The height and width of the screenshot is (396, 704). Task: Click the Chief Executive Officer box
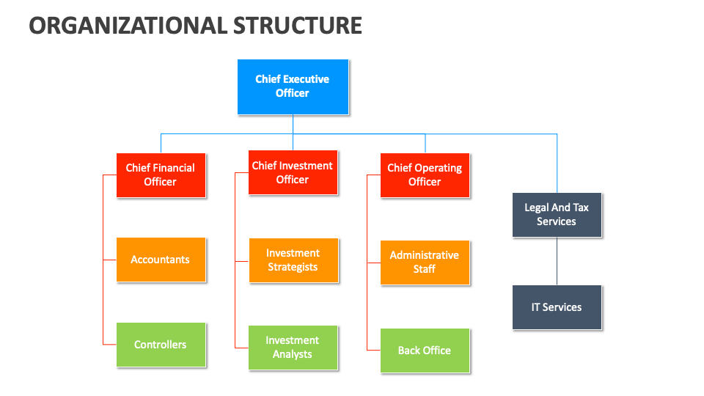point(293,87)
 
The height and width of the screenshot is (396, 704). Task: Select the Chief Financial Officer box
point(161,175)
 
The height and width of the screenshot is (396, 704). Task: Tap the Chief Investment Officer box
point(293,172)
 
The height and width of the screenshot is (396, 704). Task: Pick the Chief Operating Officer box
point(425,175)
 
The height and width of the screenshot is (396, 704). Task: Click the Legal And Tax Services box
point(557,214)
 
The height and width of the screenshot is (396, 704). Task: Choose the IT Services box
point(557,307)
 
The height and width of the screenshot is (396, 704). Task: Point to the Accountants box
point(161,260)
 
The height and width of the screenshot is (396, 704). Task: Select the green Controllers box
point(161,345)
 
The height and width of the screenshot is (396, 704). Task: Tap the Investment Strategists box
point(293,260)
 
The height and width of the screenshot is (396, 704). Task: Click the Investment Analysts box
point(293,348)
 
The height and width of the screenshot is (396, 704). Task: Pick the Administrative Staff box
point(425,262)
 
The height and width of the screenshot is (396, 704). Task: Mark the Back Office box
point(425,351)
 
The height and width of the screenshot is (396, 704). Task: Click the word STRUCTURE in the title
point(298,26)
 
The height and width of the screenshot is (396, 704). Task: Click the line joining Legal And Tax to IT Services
point(557,261)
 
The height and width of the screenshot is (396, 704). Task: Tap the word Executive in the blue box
point(307,79)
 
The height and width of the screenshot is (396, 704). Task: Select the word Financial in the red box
point(174,168)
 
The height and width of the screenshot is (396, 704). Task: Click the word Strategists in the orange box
point(293,267)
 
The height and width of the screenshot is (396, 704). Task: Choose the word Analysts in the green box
point(293,354)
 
